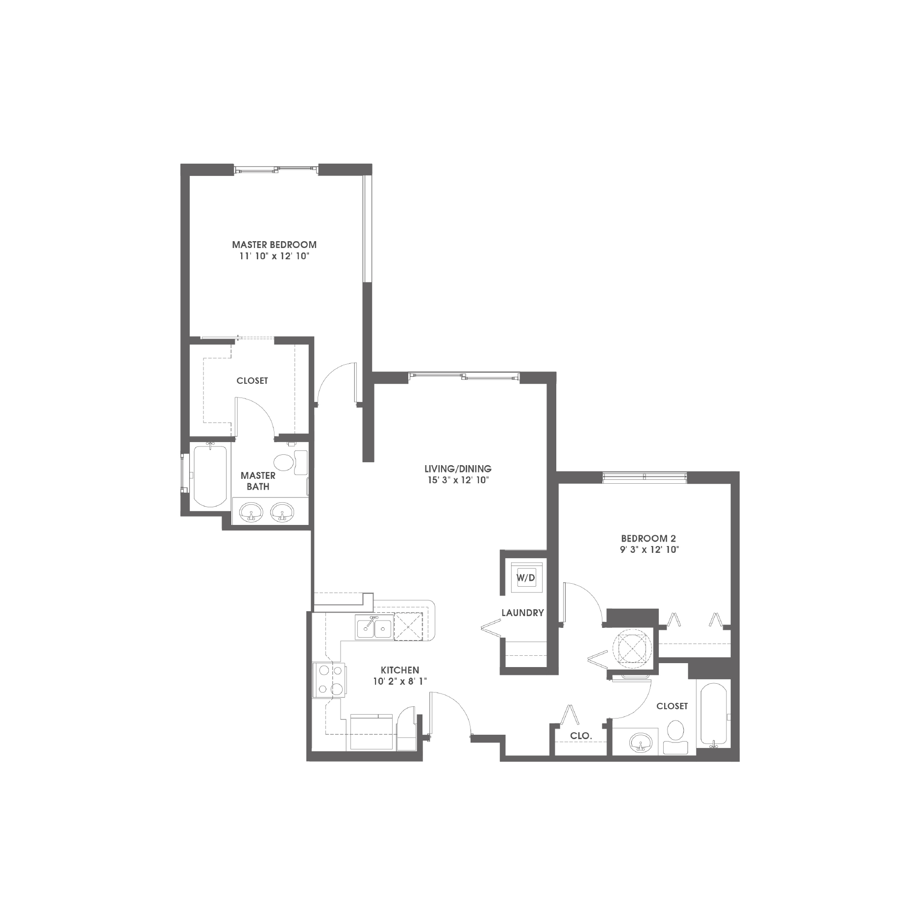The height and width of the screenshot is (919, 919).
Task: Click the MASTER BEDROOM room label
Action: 274,244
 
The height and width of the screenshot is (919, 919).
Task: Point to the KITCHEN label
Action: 400,670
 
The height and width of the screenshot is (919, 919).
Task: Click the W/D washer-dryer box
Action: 526,578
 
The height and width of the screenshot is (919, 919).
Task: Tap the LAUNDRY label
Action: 522,613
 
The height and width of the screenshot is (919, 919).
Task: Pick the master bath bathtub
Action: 210,475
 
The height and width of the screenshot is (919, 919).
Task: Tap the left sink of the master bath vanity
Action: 252,512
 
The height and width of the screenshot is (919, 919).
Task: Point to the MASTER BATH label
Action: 258,481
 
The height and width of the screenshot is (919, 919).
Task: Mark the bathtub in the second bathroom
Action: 714,716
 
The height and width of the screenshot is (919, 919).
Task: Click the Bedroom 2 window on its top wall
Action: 644,477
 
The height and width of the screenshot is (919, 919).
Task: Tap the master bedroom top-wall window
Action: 276,170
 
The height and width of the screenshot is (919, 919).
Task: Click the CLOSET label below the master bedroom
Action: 252,381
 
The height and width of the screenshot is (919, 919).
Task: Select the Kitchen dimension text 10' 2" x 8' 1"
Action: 400,681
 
